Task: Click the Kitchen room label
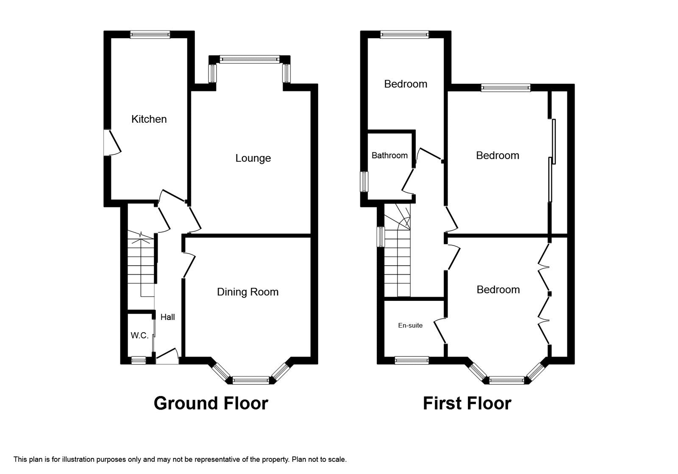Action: pos(149,119)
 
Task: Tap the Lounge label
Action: pos(253,158)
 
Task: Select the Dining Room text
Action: pos(247,292)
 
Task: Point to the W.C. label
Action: pos(139,335)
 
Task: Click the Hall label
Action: pos(168,317)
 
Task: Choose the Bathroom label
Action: pos(389,155)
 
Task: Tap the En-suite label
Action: pos(410,325)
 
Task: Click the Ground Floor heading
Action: pos(211,403)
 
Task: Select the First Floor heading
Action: pos(467,403)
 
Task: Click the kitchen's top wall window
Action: pos(150,34)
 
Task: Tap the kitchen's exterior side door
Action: pos(112,143)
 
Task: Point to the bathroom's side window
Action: pos(364,182)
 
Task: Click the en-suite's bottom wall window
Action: pos(411,360)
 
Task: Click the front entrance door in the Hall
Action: pos(167,356)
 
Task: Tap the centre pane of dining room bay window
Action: pos(250,380)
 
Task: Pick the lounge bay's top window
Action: pos(250,59)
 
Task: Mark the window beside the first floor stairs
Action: pos(381,237)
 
